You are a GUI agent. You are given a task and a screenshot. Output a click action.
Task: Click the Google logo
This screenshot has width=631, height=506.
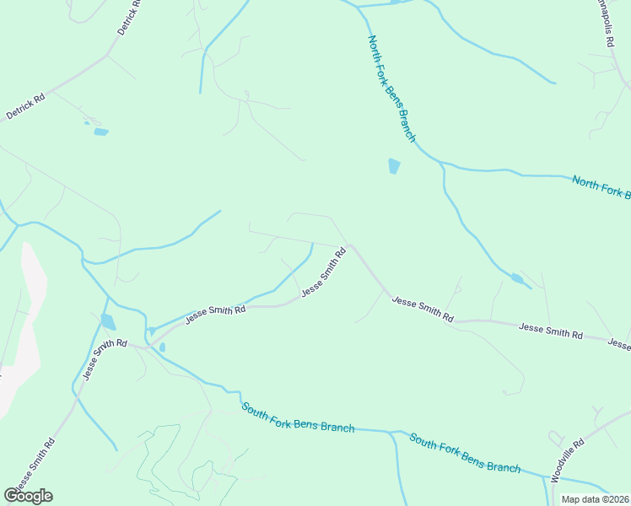coord(29,496)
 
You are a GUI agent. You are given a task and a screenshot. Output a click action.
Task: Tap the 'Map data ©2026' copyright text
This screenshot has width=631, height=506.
coord(595,499)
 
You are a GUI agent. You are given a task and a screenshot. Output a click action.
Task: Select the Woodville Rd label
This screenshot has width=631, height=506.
coord(568,460)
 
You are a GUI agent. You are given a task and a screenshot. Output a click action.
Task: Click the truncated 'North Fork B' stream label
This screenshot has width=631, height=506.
coord(601,187)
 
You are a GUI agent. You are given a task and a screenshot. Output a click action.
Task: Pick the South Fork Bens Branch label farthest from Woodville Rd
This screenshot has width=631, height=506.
coord(298,417)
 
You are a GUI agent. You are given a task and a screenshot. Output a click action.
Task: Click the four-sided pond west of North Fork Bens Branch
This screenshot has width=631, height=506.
coord(394,166)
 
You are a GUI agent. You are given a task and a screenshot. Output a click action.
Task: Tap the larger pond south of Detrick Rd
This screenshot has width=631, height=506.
coord(101,132)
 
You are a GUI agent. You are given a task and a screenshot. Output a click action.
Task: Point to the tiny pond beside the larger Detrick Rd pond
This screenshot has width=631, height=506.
coord(86,123)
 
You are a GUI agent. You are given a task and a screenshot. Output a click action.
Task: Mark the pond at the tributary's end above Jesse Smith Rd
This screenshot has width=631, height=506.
coord(518,278)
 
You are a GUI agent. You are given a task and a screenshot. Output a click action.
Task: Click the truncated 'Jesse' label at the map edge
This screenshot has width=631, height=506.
coord(619,344)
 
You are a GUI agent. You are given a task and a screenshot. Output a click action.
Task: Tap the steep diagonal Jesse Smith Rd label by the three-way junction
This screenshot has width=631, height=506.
coord(324,271)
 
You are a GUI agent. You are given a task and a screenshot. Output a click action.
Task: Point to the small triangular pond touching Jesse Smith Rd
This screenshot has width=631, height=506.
coord(152,331)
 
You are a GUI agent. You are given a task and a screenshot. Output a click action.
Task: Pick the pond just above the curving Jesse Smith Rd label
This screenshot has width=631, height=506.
coord(107,321)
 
